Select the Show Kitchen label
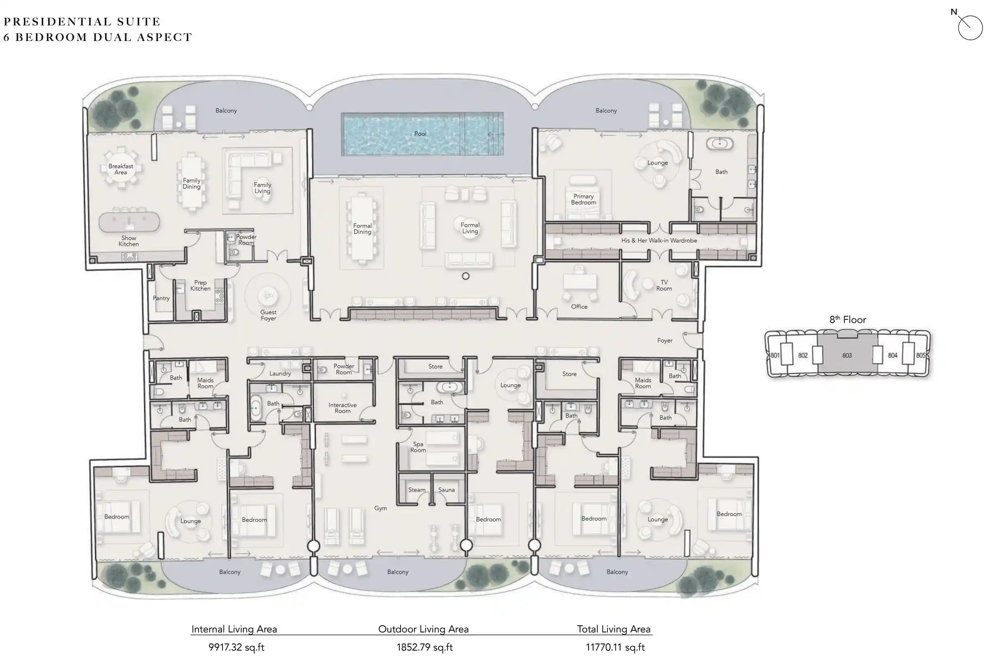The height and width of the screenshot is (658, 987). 128,241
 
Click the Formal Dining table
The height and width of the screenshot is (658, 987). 362,229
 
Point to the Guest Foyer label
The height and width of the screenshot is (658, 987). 268,315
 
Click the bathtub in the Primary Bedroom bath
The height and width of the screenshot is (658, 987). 719,144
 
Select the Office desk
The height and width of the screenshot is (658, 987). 579,281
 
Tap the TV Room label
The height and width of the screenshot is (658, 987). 664,285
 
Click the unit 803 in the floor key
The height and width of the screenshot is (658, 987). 847,355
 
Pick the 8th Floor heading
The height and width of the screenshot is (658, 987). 848,320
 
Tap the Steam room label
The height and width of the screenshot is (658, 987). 417,490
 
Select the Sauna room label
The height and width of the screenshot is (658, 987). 447,490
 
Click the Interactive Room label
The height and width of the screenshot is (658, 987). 343,408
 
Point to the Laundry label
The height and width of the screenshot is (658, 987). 280,373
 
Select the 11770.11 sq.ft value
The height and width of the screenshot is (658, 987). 615,647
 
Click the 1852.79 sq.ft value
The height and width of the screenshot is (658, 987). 424,647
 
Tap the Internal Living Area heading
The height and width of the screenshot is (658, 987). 234,629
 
